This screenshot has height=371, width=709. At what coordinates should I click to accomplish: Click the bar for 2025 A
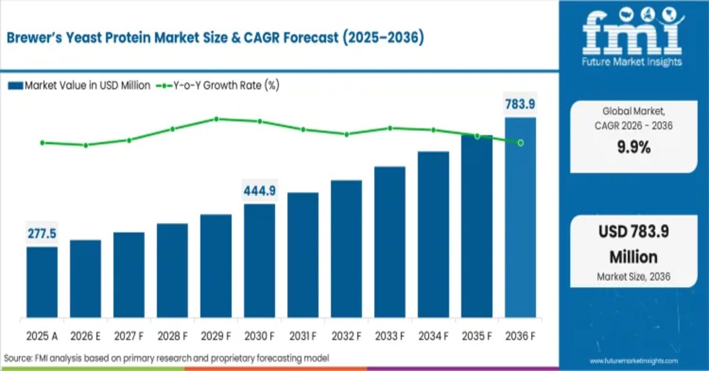pyautogui.click(x=42, y=282)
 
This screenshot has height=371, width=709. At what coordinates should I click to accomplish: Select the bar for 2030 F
pyautogui.click(x=259, y=261)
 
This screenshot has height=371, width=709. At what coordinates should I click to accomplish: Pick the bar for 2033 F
pyautogui.click(x=390, y=242)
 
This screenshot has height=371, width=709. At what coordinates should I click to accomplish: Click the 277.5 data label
pyautogui.click(x=42, y=234)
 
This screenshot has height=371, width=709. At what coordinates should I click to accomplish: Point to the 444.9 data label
pyautogui.click(x=259, y=191)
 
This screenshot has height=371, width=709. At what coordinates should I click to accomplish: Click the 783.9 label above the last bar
pyautogui.click(x=521, y=104)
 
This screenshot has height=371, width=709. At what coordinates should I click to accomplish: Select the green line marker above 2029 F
pyautogui.click(x=216, y=119)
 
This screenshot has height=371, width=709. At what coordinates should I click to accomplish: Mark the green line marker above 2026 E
pyautogui.click(x=86, y=145)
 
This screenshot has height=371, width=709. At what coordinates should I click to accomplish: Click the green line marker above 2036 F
pyautogui.click(x=521, y=142)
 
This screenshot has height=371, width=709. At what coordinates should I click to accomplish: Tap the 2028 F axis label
pyautogui.click(x=173, y=336)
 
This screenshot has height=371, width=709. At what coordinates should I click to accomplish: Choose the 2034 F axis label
pyautogui.click(x=433, y=336)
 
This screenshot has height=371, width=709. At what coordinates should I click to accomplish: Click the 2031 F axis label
pyautogui.click(x=303, y=336)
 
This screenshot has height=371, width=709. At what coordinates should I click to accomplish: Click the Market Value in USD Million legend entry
pyautogui.click(x=80, y=86)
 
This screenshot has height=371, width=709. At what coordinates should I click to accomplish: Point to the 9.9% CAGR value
pyautogui.click(x=633, y=148)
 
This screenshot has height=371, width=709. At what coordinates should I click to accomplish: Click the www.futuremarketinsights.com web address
pyautogui.click(x=634, y=360)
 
